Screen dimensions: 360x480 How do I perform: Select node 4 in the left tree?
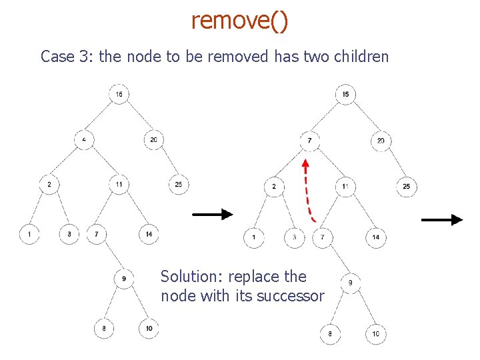pos(84,140)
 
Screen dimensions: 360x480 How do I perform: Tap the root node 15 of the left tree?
pos(119,94)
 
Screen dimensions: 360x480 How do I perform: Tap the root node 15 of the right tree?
pos(345,94)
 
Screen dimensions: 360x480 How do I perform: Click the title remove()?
pos(240,21)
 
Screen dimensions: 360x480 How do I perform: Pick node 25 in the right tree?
pos(407,187)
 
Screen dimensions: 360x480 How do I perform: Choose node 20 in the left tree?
pos(154,140)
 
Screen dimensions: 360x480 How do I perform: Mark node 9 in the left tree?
pos(124,278)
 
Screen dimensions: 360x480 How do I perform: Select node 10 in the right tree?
pos(376,333)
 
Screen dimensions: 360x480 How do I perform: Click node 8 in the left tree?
pos(104,328)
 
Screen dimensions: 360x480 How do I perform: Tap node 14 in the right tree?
pos(376,237)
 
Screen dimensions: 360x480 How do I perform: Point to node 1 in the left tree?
pos(29,234)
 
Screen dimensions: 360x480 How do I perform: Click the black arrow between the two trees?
pos(213,214)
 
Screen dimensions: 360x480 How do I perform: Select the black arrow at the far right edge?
pos(442,219)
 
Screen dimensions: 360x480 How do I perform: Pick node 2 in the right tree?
pos(274,187)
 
